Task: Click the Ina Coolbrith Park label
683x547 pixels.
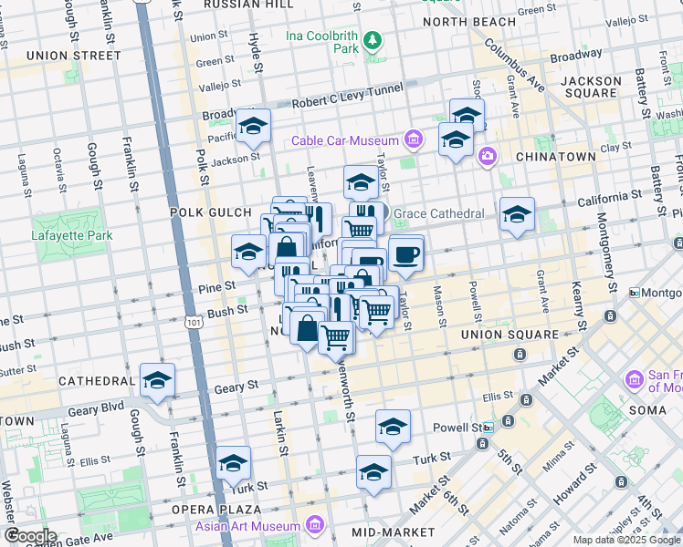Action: pyautogui.click(x=319, y=42)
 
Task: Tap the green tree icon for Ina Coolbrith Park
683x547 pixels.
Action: pyautogui.click(x=373, y=40)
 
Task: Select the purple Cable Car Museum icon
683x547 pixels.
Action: pyautogui.click(x=414, y=140)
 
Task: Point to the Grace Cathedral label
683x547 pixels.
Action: pyautogui.click(x=439, y=214)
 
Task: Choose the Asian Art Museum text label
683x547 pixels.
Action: pyautogui.click(x=247, y=526)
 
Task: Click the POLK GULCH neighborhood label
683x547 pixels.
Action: pyautogui.click(x=209, y=212)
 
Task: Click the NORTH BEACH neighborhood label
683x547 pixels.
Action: pyautogui.click(x=469, y=22)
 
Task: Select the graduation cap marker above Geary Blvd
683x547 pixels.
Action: pyautogui.click(x=157, y=379)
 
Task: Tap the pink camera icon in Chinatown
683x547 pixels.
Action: pyautogui.click(x=487, y=156)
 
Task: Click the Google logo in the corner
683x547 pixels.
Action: pyautogui.click(x=29, y=536)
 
